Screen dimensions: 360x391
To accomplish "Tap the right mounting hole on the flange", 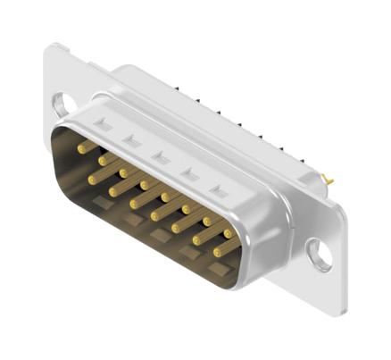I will coord(319,254).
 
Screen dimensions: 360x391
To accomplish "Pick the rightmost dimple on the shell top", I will coord(218,190).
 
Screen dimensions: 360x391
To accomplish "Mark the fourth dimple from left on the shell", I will coord(189,174).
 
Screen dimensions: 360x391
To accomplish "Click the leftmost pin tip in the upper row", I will coord(82,149).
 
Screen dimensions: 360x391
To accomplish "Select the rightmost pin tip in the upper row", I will coord(229,233).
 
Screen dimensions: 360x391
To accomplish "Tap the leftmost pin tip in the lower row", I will coord(93,179).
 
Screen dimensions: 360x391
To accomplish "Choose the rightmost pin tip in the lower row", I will coord(219,253).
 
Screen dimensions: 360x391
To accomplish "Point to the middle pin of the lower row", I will coord(156,215).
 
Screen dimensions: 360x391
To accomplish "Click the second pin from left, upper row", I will coord(103,161).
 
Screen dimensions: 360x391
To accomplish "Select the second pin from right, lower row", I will coord(198,240).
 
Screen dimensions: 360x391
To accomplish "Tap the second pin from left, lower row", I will coord(114,191).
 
